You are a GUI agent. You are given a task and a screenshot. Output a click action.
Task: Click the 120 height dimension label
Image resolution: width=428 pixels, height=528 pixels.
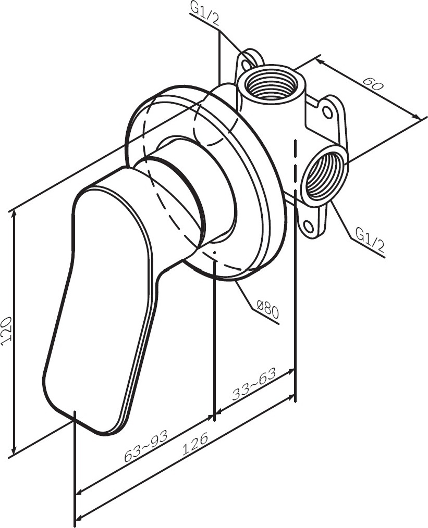(x=7, y=331)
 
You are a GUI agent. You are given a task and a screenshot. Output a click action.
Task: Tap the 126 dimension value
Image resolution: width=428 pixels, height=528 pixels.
(x=195, y=445)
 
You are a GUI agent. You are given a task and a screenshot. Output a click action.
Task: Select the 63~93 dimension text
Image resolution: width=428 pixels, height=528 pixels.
(x=146, y=446)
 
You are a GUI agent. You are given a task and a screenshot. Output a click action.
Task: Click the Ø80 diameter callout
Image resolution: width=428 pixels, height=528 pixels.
(x=267, y=309)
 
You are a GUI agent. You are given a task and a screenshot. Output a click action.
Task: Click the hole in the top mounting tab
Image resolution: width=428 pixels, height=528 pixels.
(x=249, y=63)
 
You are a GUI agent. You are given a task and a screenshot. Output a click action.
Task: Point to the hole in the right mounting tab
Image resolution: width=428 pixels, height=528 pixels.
(x=327, y=112)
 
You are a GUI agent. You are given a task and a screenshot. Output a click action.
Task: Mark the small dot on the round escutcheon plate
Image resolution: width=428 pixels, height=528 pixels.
(x=214, y=251)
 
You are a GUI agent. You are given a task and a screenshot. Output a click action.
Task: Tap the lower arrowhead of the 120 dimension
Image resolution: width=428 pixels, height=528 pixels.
(x=14, y=449)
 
